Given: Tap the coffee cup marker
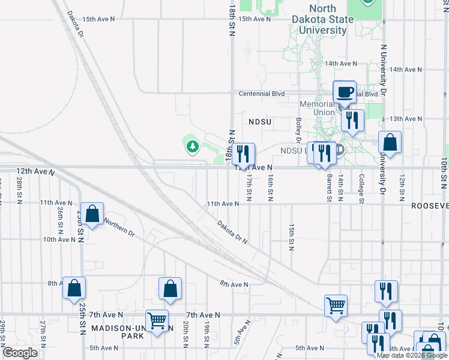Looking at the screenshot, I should (345, 92).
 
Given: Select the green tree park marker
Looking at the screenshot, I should (192, 146).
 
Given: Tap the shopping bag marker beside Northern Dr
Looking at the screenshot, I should (92, 214).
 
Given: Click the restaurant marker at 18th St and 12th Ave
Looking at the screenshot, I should (243, 154).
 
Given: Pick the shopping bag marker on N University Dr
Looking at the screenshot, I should (390, 143).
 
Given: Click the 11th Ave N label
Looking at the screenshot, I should (223, 204).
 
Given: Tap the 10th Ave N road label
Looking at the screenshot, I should (58, 239).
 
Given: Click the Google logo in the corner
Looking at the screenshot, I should (20, 353).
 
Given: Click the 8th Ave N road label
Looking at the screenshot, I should (234, 284).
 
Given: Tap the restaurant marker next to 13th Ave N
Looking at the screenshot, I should (352, 120).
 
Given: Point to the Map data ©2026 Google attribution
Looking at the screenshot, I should (412, 355).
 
